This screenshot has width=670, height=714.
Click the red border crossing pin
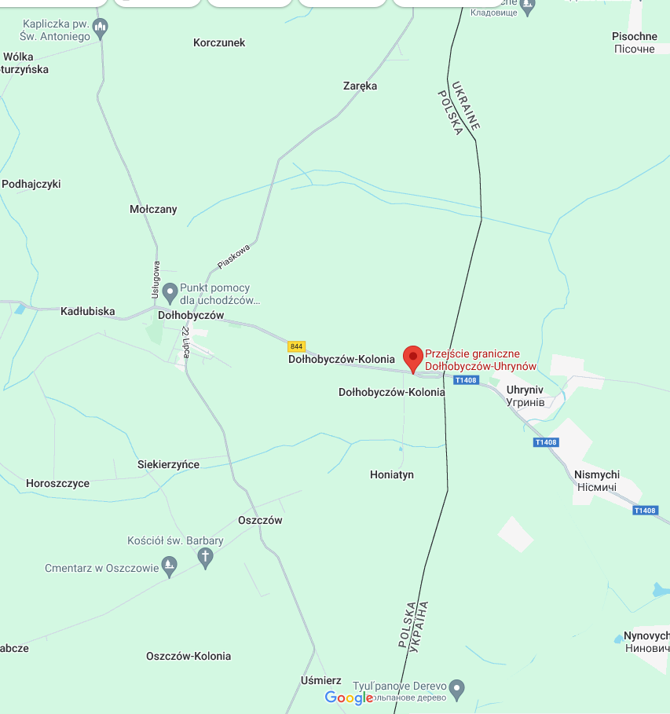413,358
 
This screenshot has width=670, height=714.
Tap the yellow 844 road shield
296,346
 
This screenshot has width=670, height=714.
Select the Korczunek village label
219,42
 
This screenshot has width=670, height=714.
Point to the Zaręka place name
361,86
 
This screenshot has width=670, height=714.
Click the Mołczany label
153,209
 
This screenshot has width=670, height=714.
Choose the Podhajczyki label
31,184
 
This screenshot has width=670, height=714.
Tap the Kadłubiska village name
88,311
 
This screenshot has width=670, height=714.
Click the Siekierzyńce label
168,464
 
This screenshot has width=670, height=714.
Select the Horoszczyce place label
57,483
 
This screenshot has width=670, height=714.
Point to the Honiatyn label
392,474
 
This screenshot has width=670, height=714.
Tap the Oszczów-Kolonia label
189,656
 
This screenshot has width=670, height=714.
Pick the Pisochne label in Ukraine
635,36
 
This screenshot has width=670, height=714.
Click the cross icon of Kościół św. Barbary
206,558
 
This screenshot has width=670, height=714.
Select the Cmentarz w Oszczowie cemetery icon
169,566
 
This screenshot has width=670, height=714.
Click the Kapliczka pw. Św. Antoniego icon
100,29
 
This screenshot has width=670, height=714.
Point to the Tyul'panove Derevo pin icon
459,689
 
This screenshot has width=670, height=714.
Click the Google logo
349,698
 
